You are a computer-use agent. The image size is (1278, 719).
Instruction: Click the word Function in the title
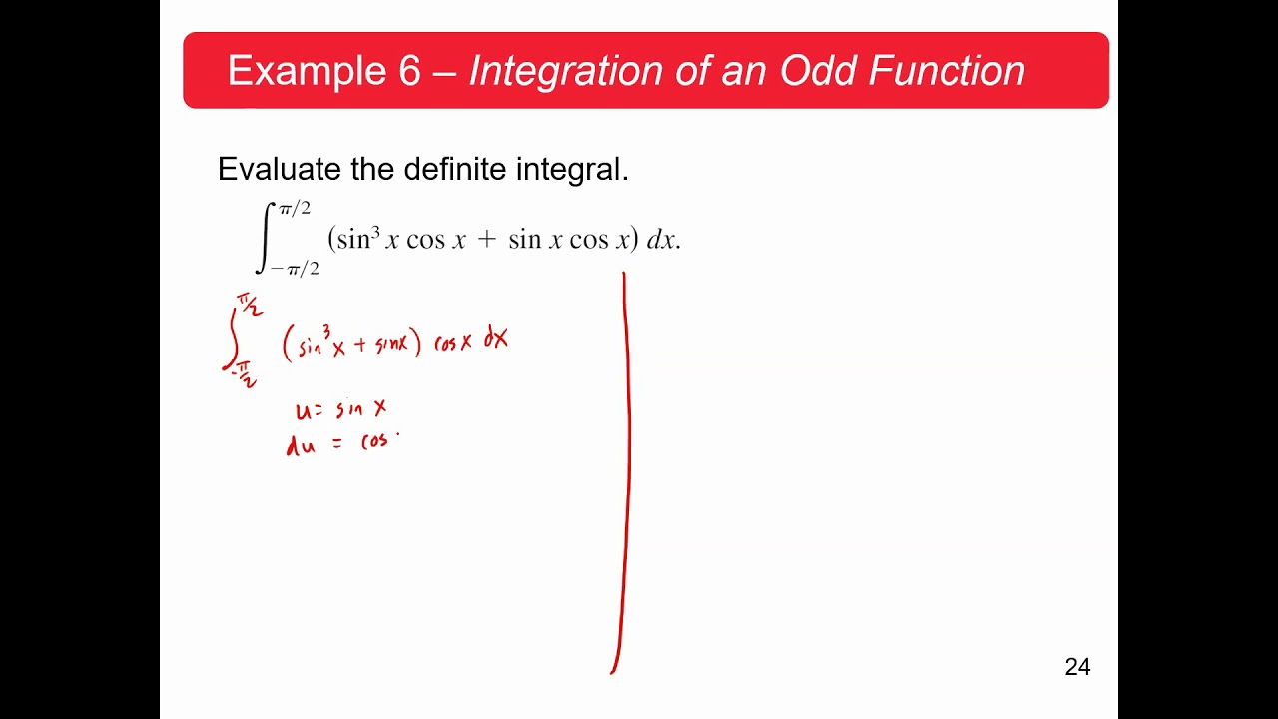click(x=946, y=71)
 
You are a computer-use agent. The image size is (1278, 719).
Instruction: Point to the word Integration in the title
click(x=565, y=71)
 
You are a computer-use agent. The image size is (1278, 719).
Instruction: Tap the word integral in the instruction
click(x=571, y=169)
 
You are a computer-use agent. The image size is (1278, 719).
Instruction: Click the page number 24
click(x=1077, y=667)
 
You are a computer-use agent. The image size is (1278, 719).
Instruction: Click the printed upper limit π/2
click(x=295, y=209)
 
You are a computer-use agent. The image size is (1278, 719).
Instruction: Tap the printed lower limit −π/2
click(x=295, y=269)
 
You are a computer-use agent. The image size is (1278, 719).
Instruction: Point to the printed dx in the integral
click(x=661, y=241)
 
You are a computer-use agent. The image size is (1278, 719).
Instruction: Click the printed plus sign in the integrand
click(x=486, y=241)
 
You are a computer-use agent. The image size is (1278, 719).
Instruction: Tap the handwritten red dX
click(x=496, y=340)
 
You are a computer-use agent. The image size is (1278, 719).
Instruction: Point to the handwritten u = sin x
click(x=340, y=409)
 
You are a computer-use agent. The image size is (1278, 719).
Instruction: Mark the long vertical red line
click(x=625, y=469)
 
